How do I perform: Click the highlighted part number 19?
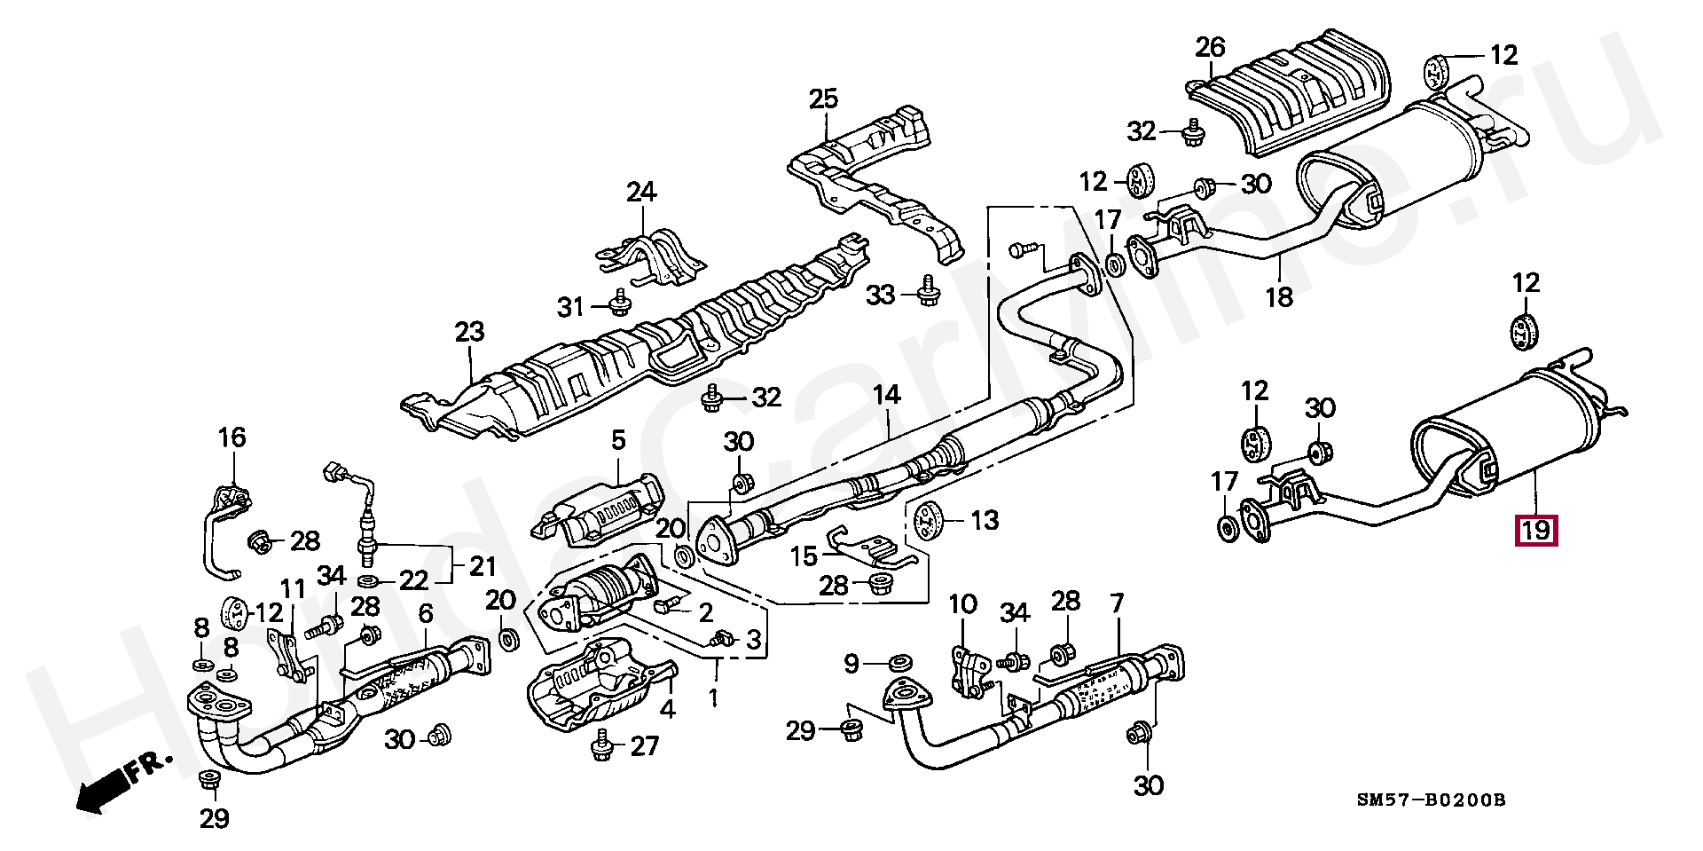click(1535, 531)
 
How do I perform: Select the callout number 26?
click(1209, 46)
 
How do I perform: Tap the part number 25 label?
click(823, 98)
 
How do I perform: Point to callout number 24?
click(641, 192)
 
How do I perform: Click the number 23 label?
click(470, 332)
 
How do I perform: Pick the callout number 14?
click(886, 395)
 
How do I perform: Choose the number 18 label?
click(1279, 296)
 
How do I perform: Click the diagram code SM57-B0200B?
click(1431, 801)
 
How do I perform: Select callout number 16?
click(232, 437)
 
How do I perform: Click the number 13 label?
click(985, 520)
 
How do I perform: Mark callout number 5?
click(618, 440)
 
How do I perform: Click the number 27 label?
click(645, 746)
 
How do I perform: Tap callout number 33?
click(880, 295)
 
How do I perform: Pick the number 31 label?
click(570, 307)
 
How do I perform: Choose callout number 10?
click(962, 604)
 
